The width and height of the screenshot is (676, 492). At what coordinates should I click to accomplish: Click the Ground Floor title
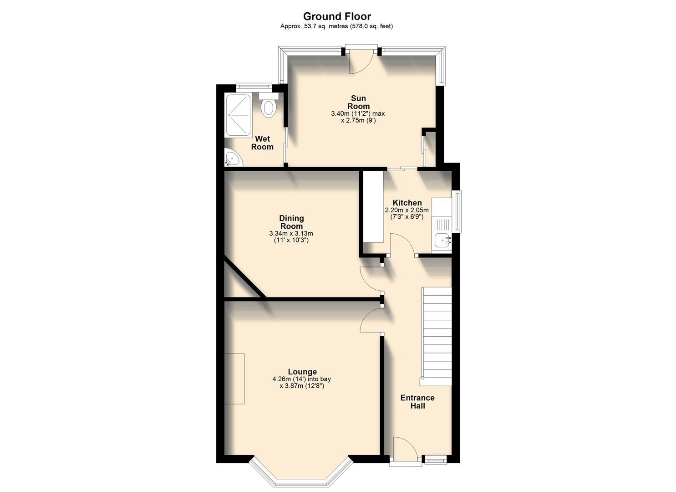point(337,17)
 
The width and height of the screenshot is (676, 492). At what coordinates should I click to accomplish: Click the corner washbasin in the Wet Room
point(232,159)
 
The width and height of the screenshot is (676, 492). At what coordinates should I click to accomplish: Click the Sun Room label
point(358,102)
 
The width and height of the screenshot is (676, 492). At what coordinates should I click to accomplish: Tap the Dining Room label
point(291,222)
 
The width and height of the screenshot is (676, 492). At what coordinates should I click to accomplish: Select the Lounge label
point(302,372)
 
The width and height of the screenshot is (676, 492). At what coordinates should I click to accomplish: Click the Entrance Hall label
point(417,401)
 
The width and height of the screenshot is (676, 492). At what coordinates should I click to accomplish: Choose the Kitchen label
point(407,203)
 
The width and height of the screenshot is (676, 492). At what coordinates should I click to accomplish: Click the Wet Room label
point(262,143)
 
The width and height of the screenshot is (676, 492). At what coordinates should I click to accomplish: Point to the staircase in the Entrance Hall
point(437,336)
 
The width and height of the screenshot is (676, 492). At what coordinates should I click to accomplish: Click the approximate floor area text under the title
point(336,26)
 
